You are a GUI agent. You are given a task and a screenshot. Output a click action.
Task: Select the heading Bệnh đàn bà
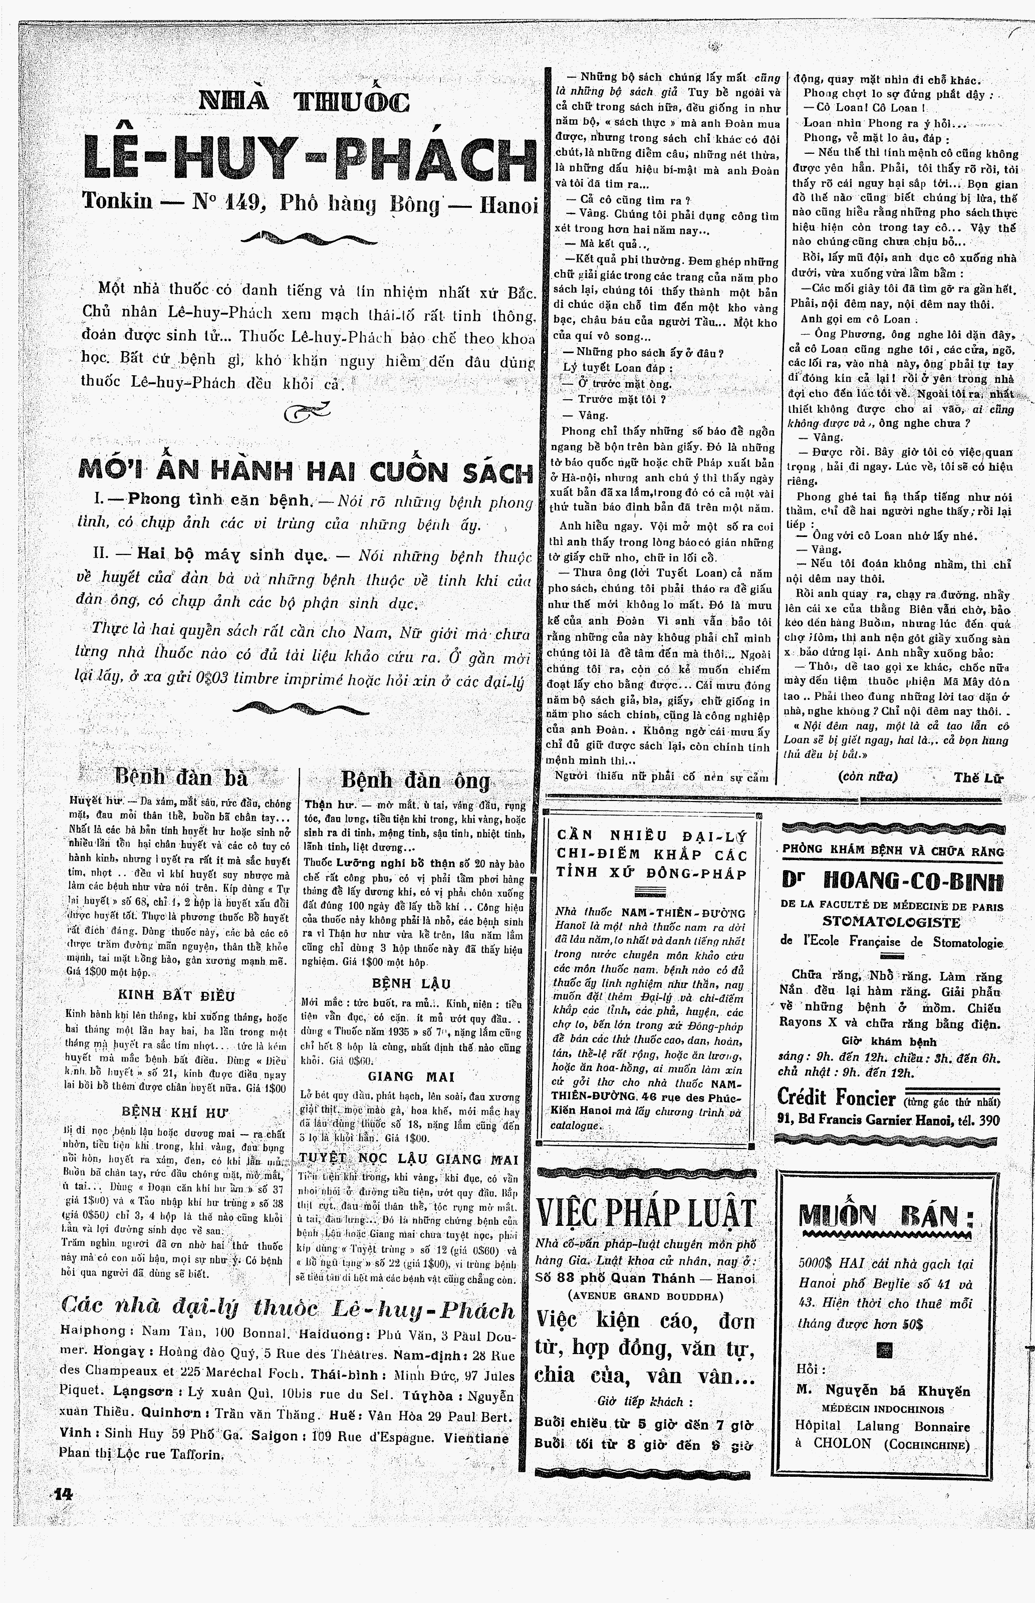click(x=181, y=777)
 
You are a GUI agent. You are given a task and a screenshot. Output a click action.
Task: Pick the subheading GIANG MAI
click(x=411, y=1077)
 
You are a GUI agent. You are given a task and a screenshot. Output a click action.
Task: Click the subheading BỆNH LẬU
click(x=411, y=983)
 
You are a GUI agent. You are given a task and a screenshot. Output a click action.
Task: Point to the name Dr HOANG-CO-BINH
click(x=892, y=881)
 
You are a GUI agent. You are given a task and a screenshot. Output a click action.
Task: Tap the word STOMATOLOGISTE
click(x=891, y=922)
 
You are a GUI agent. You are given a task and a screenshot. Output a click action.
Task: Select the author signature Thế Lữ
click(x=978, y=777)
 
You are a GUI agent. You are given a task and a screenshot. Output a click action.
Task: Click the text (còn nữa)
click(x=868, y=776)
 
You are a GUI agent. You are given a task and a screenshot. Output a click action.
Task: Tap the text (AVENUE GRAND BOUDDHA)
click(x=645, y=1296)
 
